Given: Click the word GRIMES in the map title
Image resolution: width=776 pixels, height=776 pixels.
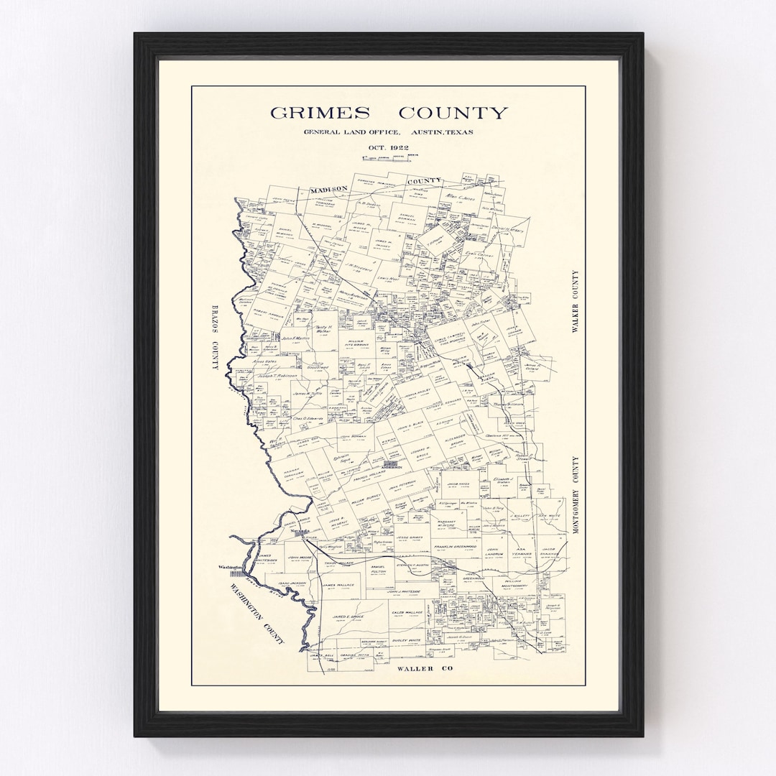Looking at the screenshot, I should pos(320,113).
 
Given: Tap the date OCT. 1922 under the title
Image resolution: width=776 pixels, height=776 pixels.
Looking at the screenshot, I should pos(388,147).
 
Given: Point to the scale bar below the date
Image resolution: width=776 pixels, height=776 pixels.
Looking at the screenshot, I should pos(388,157).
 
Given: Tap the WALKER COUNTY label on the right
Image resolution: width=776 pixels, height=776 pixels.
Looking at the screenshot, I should pos(575,302).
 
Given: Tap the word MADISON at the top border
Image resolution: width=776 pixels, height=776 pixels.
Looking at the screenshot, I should pos(328,189).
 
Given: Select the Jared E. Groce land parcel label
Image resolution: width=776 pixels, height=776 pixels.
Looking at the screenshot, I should pos(349,616).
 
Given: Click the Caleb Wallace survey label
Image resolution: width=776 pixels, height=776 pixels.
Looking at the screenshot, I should pos(407,613).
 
